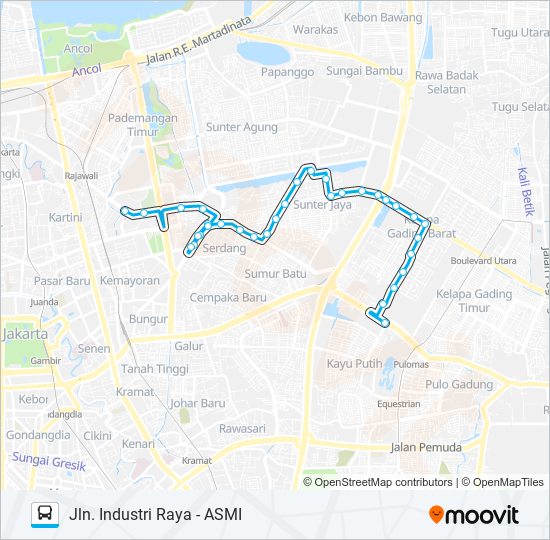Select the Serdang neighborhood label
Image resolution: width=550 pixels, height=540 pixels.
point(223,248)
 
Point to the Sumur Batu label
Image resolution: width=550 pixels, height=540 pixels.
point(275,272)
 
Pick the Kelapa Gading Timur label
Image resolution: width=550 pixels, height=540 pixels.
point(474,301)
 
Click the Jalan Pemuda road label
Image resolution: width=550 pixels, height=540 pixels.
point(424,447)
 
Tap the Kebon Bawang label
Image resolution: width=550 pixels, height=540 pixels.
point(384,18)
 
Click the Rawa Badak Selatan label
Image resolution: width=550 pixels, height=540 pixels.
point(440,82)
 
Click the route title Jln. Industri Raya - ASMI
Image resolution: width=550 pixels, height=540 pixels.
point(156,514)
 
